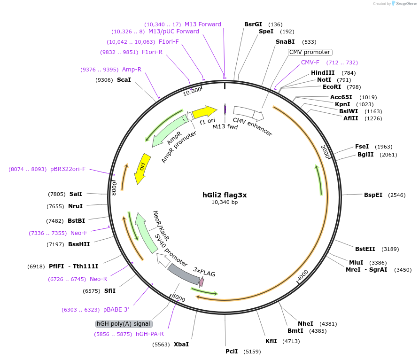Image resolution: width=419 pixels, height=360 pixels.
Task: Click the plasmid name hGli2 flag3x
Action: [x=225, y=195]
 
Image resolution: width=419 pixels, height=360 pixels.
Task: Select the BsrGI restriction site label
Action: [x=253, y=24]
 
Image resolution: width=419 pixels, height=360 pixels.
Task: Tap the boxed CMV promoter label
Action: [x=310, y=52]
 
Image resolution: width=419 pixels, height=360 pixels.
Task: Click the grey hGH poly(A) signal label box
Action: [x=124, y=324]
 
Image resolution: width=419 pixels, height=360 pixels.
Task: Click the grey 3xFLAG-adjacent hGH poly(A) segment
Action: [x=183, y=274]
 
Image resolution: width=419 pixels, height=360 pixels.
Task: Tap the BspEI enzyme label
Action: [x=373, y=195]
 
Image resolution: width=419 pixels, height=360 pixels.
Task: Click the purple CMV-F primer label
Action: [x=310, y=63]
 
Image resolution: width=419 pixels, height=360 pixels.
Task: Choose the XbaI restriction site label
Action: [x=181, y=344]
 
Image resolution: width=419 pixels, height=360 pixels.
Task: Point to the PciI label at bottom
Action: [x=232, y=351]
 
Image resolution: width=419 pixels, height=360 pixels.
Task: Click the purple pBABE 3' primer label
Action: [x=116, y=310]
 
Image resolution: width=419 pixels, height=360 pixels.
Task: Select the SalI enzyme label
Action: [x=76, y=194]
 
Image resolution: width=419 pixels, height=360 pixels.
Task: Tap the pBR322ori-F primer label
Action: [x=68, y=169]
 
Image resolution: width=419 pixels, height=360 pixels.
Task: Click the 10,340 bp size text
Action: [x=225, y=203]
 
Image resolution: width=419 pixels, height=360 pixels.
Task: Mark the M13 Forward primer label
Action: [x=202, y=24]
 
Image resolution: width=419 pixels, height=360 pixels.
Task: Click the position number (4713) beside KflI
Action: [x=291, y=341]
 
